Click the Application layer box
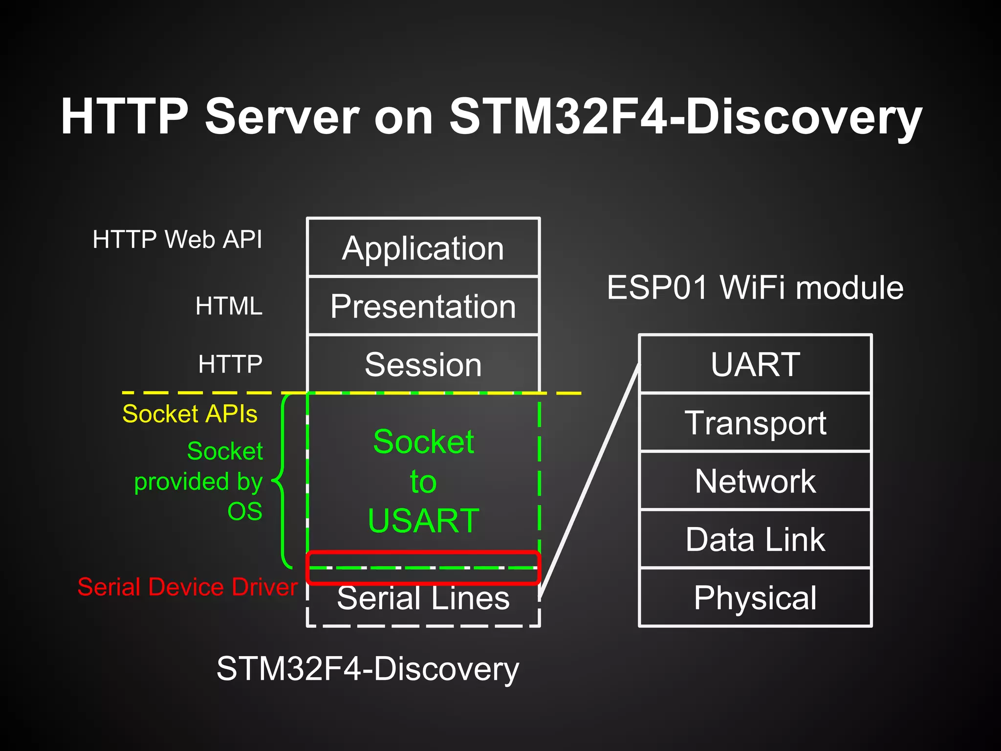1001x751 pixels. [423, 248]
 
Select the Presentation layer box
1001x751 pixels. [423, 306]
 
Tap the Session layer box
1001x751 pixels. [423, 364]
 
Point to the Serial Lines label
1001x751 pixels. [423, 598]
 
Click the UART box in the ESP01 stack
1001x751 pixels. [755, 364]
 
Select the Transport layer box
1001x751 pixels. [755, 422]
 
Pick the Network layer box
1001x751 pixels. [755, 481]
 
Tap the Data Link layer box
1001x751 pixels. [755, 539]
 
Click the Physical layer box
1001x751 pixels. [755, 597]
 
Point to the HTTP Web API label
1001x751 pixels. [177, 240]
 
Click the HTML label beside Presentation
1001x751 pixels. [229, 306]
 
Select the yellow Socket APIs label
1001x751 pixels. [190, 414]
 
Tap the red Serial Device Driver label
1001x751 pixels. [188, 587]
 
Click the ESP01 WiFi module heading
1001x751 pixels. [755, 287]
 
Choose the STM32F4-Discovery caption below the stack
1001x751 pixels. [368, 669]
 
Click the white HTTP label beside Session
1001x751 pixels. [230, 364]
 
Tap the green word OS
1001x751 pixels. [245, 511]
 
